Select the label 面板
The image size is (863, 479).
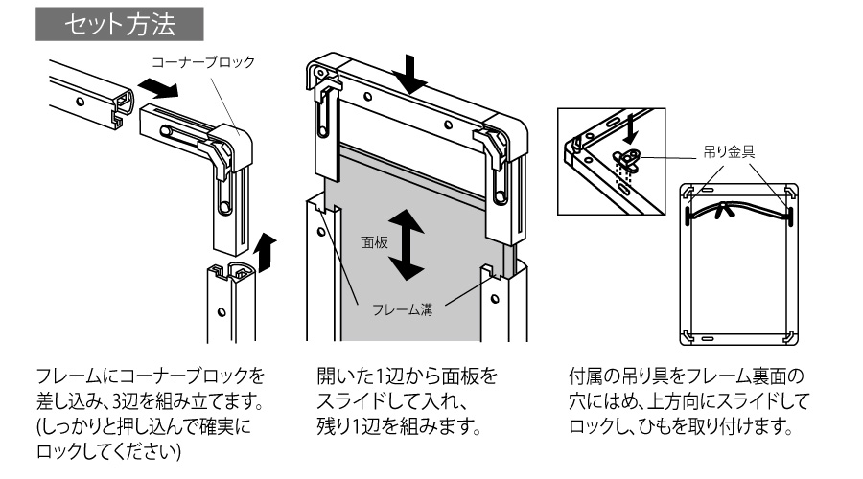(373, 243)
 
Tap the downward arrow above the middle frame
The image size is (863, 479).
(414, 76)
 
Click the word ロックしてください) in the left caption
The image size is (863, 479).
(111, 449)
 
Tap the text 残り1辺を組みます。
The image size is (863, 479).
(397, 423)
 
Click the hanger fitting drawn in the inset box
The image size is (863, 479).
(629, 158)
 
